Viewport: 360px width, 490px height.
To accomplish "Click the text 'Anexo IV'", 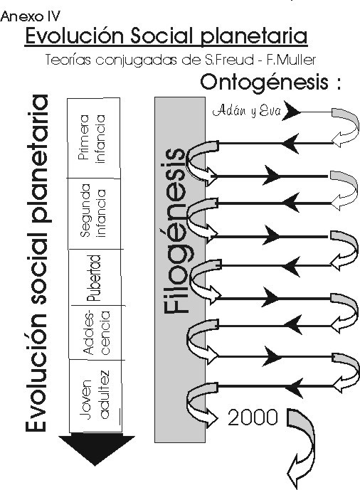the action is coord(30,16).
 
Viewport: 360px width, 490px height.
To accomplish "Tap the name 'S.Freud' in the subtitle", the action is coord(229,59).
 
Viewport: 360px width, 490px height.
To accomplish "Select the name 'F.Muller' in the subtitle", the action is coord(291,59).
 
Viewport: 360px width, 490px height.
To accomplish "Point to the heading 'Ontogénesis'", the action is coord(265,82).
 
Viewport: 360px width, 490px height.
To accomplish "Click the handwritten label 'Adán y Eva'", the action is coord(247,111).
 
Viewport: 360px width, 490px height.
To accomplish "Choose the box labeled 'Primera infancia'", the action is coord(94,138).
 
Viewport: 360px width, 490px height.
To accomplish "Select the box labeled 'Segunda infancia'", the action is coord(95,213).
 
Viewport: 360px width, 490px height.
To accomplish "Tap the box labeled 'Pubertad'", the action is coord(95,277).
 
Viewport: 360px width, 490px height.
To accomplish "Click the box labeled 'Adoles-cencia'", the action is coord(96,333).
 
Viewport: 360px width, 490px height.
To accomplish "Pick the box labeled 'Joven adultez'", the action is coord(95,396).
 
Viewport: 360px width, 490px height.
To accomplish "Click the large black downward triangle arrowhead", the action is coord(96,449).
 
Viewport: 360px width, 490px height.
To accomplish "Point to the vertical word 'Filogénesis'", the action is coord(175,230).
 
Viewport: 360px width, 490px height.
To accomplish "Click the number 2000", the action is coord(253,417).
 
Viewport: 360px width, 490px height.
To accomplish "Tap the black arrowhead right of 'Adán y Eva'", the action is coord(291,111).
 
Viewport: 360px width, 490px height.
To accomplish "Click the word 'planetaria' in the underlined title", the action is coord(253,36).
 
